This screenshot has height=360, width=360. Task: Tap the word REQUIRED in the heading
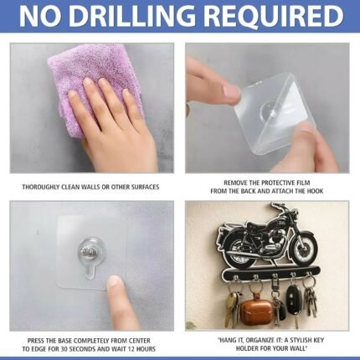[x=274, y=16]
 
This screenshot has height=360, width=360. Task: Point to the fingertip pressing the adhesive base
[x=116, y=282]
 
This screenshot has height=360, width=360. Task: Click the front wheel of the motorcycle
[x=304, y=249]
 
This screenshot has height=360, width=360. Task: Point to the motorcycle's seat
[x=260, y=224]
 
